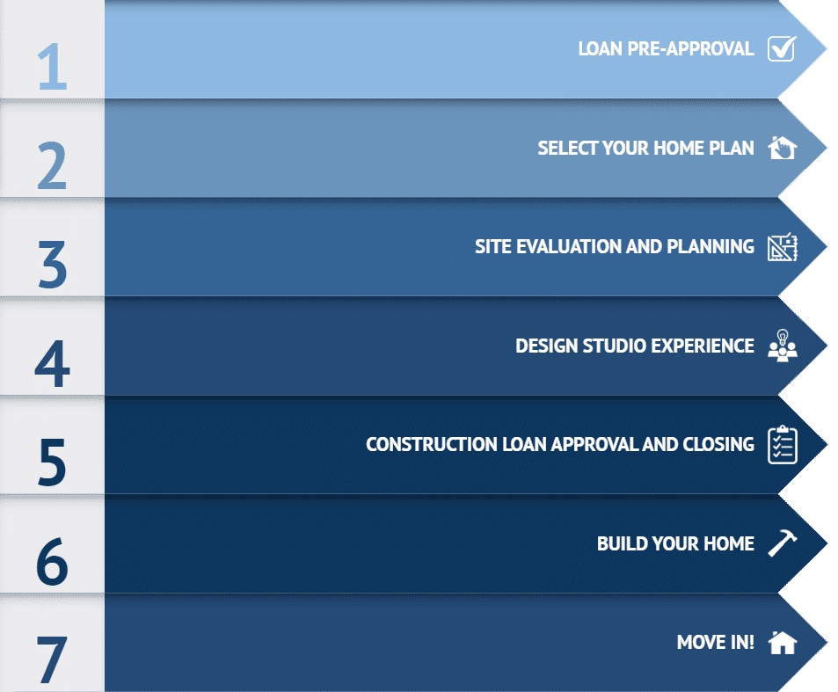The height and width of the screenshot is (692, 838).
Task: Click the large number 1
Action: click(53, 67)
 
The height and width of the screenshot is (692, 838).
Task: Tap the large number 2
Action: click(52, 165)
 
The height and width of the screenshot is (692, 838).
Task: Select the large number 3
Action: click(53, 265)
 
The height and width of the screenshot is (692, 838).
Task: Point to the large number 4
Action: click(53, 363)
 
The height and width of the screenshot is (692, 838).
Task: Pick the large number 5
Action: click(53, 463)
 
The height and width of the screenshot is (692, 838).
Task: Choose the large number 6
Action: click(53, 561)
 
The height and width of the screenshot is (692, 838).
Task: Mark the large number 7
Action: click(52, 660)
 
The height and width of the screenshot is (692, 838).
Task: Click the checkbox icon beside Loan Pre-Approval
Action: click(783, 48)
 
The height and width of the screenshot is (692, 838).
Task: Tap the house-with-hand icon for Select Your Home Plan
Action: click(783, 148)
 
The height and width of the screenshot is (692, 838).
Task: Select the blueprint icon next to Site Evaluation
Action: click(783, 247)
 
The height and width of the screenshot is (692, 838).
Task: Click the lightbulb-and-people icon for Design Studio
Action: click(783, 346)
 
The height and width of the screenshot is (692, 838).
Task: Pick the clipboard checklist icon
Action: click(783, 445)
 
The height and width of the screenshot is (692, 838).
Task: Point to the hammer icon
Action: click(783, 543)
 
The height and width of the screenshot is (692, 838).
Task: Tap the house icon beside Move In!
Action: click(783, 642)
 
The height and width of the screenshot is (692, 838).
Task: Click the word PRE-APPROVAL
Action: click(690, 48)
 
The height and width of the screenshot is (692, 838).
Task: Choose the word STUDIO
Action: click(615, 346)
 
